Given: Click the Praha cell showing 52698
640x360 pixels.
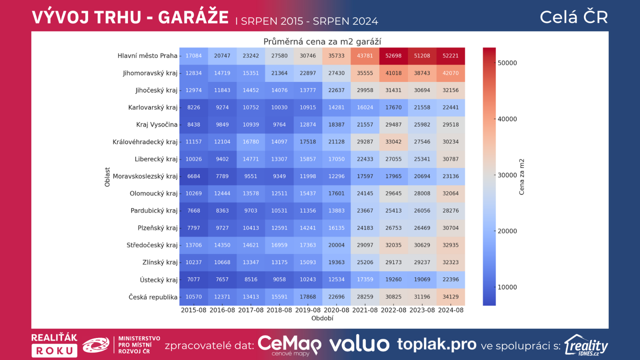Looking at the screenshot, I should click(x=393, y=56).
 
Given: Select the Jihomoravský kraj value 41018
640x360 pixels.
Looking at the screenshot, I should click(x=393, y=73).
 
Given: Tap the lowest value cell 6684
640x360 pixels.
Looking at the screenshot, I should click(x=194, y=176).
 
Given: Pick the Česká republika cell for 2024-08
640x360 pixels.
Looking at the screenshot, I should click(x=450, y=297).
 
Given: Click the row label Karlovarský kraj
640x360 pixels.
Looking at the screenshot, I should click(x=153, y=108).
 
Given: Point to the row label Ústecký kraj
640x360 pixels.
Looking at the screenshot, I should click(x=158, y=280).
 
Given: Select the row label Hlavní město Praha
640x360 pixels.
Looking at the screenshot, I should click(x=147, y=56).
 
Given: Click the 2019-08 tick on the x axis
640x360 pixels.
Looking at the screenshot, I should click(x=308, y=310).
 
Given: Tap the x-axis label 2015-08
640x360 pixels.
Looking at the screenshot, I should click(x=194, y=310).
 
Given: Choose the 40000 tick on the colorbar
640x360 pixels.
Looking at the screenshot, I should click(x=507, y=119).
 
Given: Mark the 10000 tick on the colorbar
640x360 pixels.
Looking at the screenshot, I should click(x=507, y=287).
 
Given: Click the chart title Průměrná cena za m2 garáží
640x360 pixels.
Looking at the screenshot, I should click(x=322, y=42).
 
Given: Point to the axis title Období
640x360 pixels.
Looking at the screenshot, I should click(x=322, y=318).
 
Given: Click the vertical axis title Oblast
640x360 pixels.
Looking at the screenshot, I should click(x=107, y=177).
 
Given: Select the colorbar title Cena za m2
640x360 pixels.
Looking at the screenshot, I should click(x=522, y=177).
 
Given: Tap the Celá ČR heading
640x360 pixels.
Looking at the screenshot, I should click(x=574, y=17).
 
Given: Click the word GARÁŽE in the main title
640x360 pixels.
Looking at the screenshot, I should click(x=193, y=18).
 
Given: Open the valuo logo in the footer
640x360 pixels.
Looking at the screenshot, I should click(x=359, y=344).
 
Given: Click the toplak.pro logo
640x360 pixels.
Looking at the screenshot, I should click(x=436, y=344).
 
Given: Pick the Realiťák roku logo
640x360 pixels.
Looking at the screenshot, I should click(x=54, y=345).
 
